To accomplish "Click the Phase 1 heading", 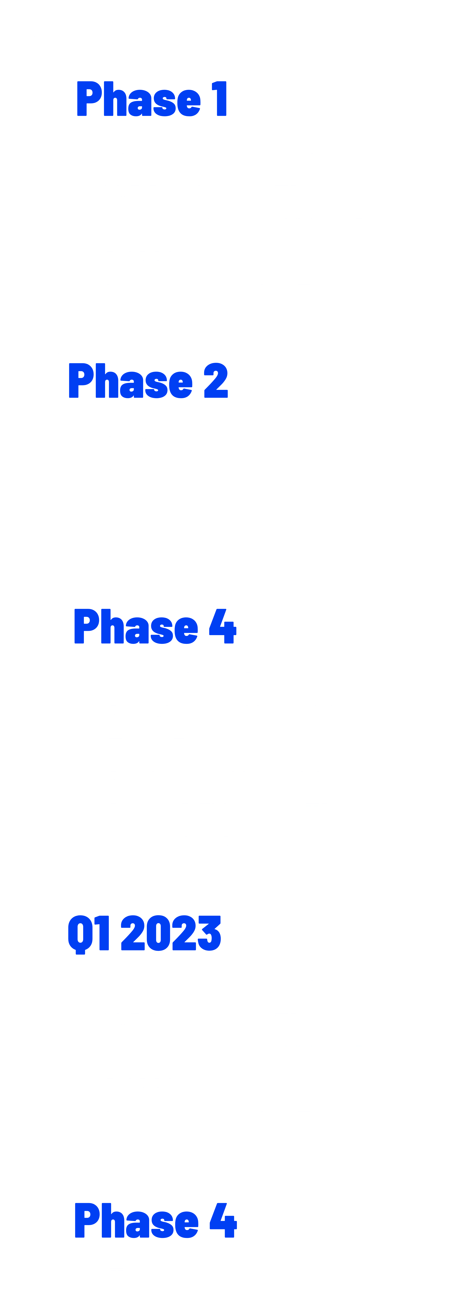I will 151,99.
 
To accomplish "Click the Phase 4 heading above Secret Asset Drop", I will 155,627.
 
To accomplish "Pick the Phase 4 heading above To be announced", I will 155,1221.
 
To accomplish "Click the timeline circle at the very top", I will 47,49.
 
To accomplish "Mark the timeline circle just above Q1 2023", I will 48,883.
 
